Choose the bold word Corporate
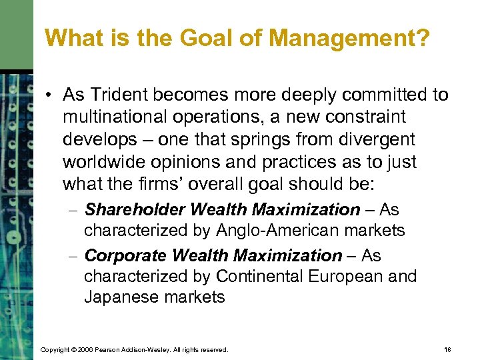[x=127, y=255]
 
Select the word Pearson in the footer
[x=109, y=349]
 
